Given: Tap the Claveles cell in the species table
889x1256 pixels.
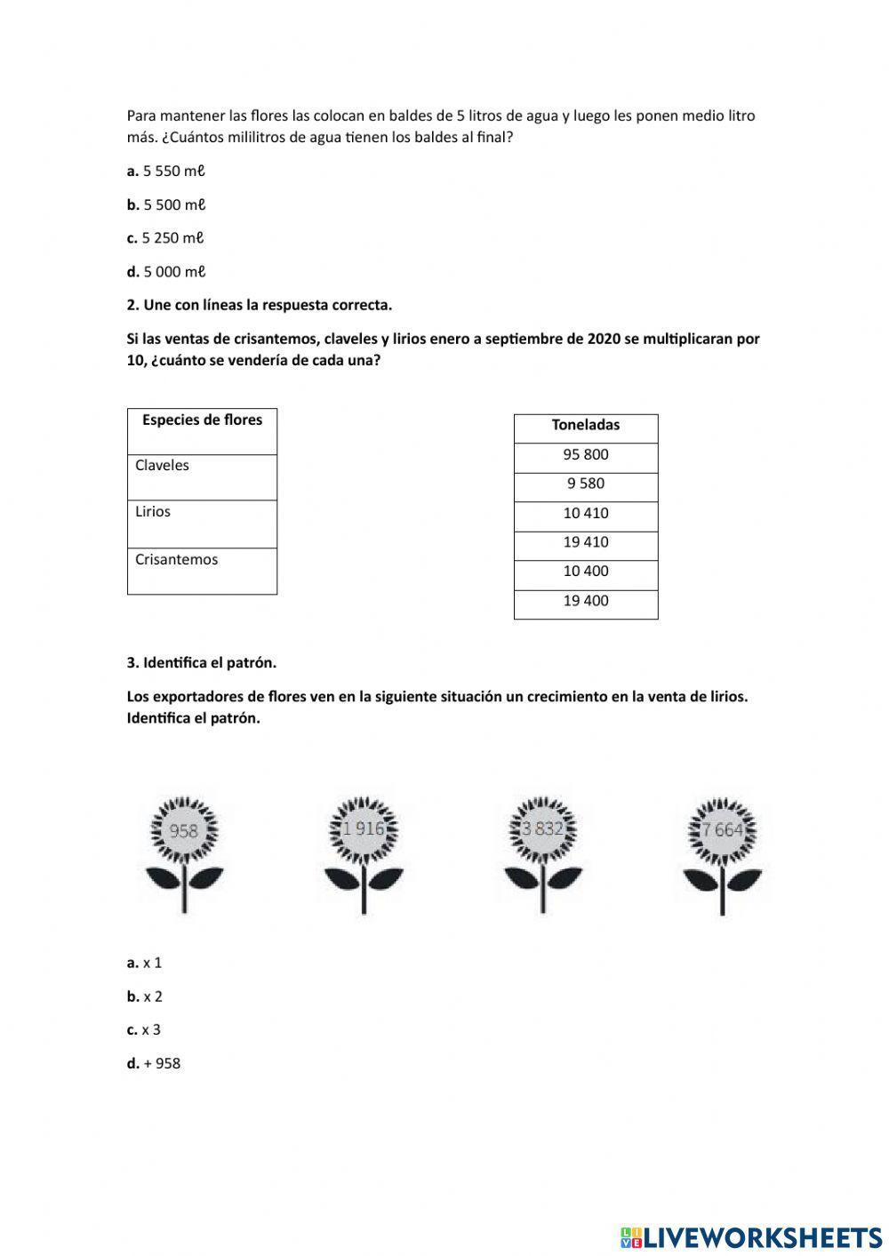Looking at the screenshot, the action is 202,477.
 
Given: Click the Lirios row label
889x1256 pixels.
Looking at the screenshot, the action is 202,524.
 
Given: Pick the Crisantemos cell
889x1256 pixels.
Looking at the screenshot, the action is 202,571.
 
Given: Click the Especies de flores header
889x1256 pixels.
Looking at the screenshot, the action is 202,431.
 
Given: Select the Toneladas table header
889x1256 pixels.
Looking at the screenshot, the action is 586,426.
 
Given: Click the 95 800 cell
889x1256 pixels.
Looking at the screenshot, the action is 586,455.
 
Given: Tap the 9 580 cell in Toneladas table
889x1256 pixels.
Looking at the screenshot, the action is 586,484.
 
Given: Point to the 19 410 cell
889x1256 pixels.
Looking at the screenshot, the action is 586,542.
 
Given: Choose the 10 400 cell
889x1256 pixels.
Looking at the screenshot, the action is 586,572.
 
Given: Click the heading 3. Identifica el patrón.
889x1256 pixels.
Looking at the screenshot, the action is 202,663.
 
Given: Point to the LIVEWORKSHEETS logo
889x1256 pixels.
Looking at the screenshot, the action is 751,1236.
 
